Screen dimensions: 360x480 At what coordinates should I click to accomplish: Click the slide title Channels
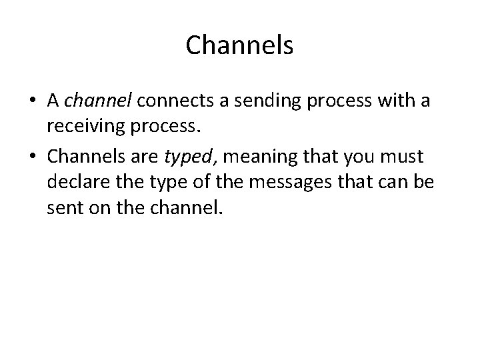pos(239,45)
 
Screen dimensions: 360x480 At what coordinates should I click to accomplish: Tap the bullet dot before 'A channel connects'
pos(33,101)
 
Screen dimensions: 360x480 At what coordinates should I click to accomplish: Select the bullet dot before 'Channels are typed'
pos(33,157)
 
